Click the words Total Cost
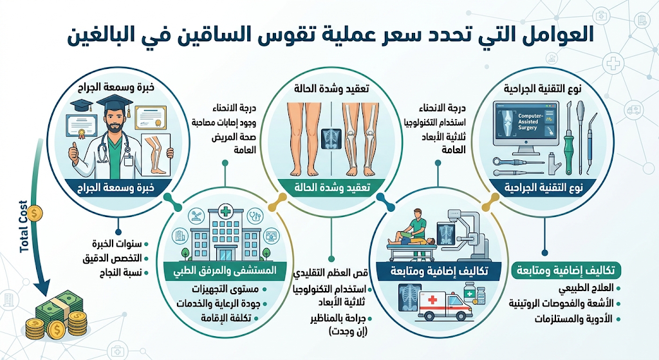[24, 227]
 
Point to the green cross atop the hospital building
[226, 211]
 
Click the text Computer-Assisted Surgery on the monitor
[530, 122]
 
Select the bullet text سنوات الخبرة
[117, 244]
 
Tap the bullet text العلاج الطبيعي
[586, 289]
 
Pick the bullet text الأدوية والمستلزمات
[573, 319]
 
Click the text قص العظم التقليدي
[330, 273]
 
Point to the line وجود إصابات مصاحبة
[224, 123]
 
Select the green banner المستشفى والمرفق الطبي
[225, 270]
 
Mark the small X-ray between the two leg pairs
[331, 139]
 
